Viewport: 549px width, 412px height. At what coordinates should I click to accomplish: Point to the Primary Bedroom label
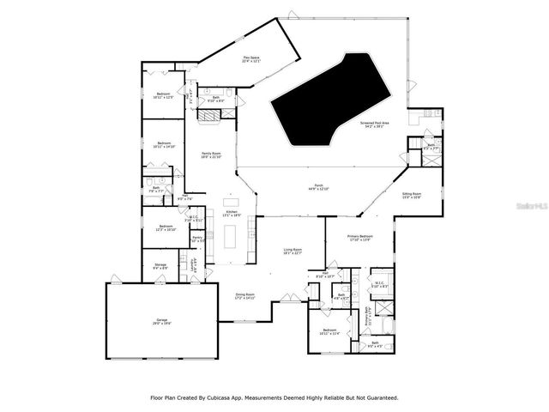point(359,237)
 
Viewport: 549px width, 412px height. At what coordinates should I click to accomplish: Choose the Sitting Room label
point(412,196)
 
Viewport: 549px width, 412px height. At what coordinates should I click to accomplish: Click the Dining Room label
point(247,295)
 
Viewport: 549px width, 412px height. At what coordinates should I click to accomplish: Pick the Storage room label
point(160,265)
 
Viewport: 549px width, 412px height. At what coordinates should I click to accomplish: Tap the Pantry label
point(197,238)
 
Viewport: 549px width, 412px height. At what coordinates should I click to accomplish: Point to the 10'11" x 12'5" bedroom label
point(164,95)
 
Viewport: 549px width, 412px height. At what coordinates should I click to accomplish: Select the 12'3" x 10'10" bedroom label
point(165,228)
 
